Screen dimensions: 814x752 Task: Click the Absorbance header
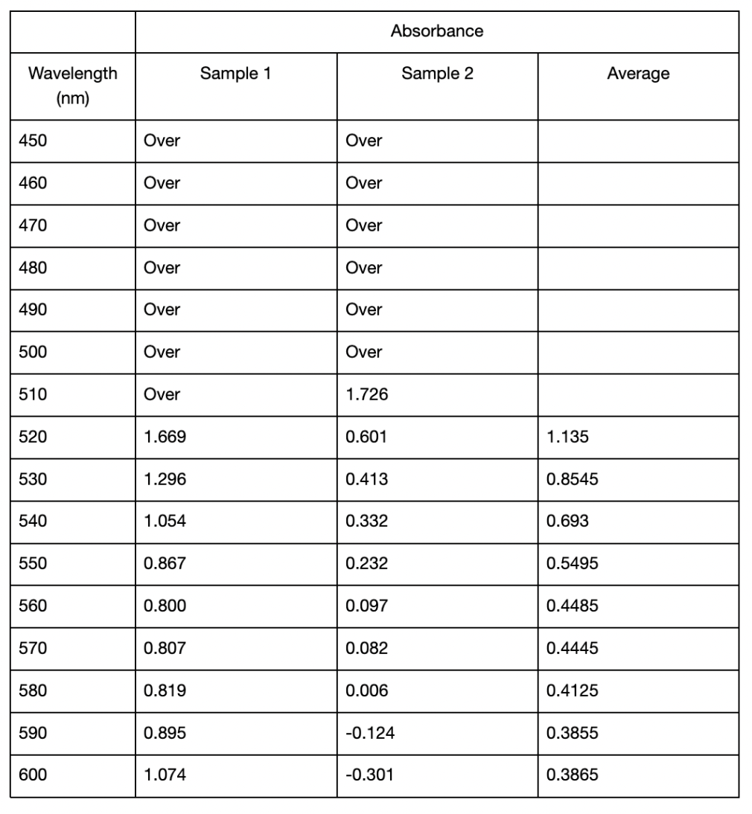pyautogui.click(x=437, y=31)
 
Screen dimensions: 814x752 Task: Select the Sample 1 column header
pyautogui.click(x=236, y=74)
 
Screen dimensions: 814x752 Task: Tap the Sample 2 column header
pyautogui.click(x=437, y=74)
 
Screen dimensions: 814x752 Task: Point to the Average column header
pyautogui.click(x=638, y=74)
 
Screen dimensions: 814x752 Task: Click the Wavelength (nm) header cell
pyautogui.click(x=72, y=86)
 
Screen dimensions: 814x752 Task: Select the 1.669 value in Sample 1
pyautogui.click(x=164, y=437)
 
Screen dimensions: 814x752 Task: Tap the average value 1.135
pyautogui.click(x=567, y=437)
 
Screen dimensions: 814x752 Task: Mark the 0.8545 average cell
pyautogui.click(x=572, y=479)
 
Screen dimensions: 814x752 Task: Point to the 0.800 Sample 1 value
pyautogui.click(x=164, y=606)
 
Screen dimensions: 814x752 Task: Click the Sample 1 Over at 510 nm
pyautogui.click(x=162, y=394)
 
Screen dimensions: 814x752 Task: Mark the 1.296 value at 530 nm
pyautogui.click(x=164, y=479)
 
